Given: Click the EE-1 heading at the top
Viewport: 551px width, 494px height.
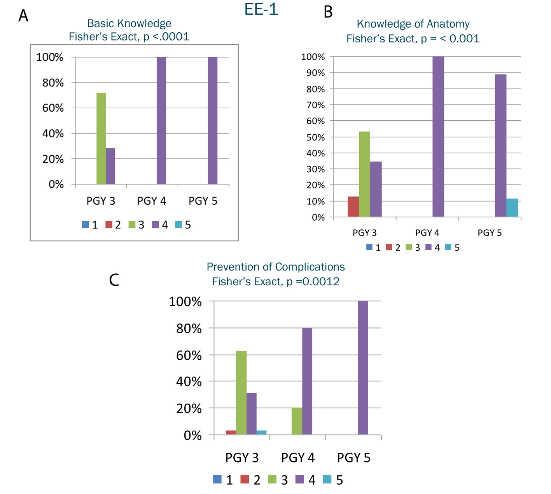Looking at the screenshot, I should (x=261, y=9).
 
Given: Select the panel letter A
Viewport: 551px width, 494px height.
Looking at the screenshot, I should (x=23, y=16).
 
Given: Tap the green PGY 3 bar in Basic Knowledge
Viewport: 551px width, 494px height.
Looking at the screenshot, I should (x=101, y=138).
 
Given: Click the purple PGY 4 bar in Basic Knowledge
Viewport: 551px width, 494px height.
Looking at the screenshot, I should (x=161, y=121).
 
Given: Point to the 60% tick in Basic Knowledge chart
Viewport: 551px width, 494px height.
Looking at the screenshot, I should (x=53, y=108).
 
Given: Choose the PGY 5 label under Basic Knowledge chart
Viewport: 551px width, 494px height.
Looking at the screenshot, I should (x=203, y=201).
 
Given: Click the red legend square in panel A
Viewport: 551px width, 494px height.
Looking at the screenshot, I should (x=109, y=225).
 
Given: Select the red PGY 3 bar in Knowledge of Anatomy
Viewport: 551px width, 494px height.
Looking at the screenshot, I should (x=353, y=207).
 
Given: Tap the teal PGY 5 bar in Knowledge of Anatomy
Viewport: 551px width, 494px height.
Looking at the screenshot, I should (x=512, y=208).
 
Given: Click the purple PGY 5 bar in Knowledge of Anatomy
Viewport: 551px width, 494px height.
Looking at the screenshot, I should (x=500, y=146).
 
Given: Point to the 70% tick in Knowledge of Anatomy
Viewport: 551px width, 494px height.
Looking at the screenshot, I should (x=313, y=105).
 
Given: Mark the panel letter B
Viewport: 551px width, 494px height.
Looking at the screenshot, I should (x=328, y=12).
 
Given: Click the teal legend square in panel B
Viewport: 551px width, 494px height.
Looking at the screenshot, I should (x=448, y=247).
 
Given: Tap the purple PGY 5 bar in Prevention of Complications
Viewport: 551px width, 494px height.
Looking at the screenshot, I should (x=363, y=367).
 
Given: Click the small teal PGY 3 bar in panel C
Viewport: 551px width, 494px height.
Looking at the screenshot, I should (x=261, y=432).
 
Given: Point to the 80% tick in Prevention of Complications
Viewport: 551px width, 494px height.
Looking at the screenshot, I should (x=189, y=329).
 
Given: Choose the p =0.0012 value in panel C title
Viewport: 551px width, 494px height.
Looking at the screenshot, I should (x=313, y=281).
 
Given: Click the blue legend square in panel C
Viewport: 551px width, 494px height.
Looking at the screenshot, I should (x=217, y=480).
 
